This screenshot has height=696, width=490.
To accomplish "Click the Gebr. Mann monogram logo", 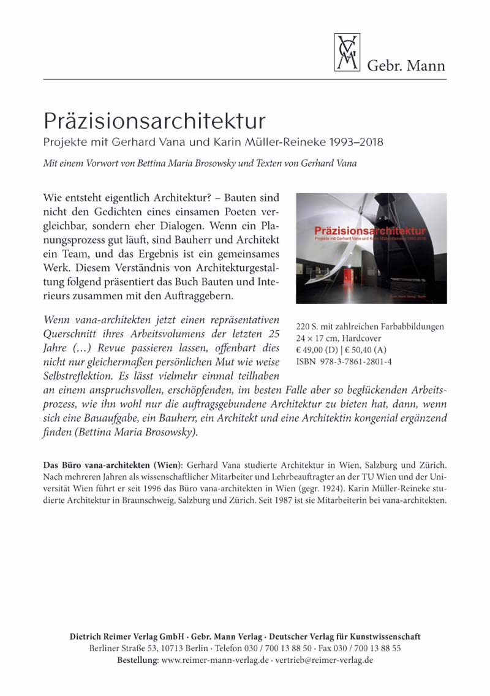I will click(x=347, y=52).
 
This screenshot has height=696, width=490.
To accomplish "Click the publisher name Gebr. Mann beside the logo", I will click(x=406, y=65).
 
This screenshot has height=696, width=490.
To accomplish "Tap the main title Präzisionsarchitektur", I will click(x=154, y=119).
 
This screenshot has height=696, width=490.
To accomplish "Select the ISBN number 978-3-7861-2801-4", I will click(x=354, y=361).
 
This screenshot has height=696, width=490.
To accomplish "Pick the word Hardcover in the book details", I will click(x=366, y=338).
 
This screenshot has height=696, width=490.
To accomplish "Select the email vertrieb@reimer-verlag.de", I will click(x=325, y=660).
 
